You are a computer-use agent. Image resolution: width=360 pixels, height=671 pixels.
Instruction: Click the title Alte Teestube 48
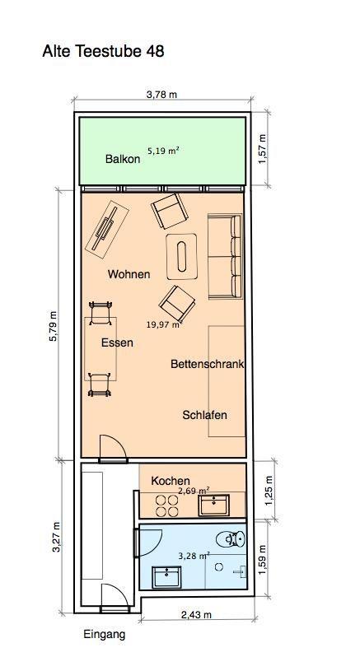coord(103,51)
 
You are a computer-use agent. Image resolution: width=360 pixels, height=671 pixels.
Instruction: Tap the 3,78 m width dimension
coord(161,95)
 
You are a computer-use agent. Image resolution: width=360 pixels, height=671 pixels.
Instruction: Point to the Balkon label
coord(123,159)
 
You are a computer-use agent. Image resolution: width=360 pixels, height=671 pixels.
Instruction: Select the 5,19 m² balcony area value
coord(163,151)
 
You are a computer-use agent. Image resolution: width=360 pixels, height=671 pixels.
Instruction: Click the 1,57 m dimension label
coord(262,148)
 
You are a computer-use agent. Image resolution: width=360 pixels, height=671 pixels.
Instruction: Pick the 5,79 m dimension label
coord(54,326)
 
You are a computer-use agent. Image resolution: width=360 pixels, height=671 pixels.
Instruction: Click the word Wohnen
coord(129,274)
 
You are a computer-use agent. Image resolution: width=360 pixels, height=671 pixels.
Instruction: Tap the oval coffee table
coord(182,256)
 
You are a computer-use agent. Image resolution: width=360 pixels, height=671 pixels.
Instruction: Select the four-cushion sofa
coord(225,256)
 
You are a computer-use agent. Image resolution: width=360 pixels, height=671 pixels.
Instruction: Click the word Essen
coord(117,342)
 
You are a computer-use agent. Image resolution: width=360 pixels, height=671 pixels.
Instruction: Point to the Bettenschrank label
coord(207,364)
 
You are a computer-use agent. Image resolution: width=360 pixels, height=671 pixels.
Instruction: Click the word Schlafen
coord(204,415)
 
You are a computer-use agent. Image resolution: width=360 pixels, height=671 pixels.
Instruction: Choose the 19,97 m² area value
coord(163,324)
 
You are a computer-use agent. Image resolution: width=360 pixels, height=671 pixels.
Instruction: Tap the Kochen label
coord(171,481)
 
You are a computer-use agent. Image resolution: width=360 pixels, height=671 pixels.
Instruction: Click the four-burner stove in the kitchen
coord(166,506)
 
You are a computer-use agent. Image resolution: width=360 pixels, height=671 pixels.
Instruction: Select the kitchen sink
coord(213,506)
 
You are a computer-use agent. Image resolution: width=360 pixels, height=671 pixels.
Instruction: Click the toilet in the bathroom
coord(231,538)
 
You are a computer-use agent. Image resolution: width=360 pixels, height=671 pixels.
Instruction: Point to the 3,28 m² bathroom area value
coord(194,556)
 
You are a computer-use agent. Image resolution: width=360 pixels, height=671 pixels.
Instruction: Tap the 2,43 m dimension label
coord(197,615)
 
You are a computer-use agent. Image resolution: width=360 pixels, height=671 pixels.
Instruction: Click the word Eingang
coord(105,634)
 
